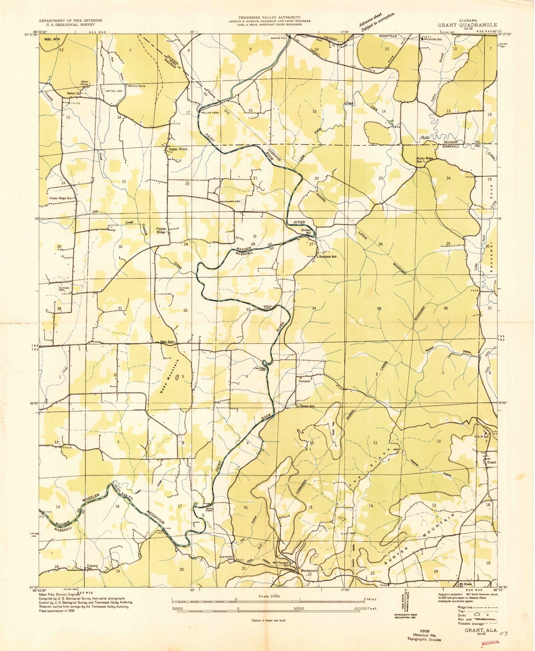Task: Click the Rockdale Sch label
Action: tap(328, 256)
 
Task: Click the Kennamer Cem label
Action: tap(230, 201)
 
